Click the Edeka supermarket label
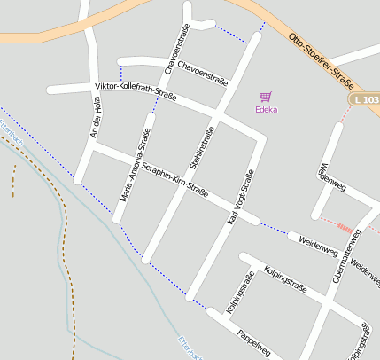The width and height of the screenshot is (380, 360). pos(266,110)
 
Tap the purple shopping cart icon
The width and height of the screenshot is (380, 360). pos(265,97)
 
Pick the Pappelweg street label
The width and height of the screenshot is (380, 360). pos(253,342)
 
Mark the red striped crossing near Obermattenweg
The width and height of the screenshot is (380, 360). pos(345,226)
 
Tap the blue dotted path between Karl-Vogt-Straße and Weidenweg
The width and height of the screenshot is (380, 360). pos(275,230)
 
